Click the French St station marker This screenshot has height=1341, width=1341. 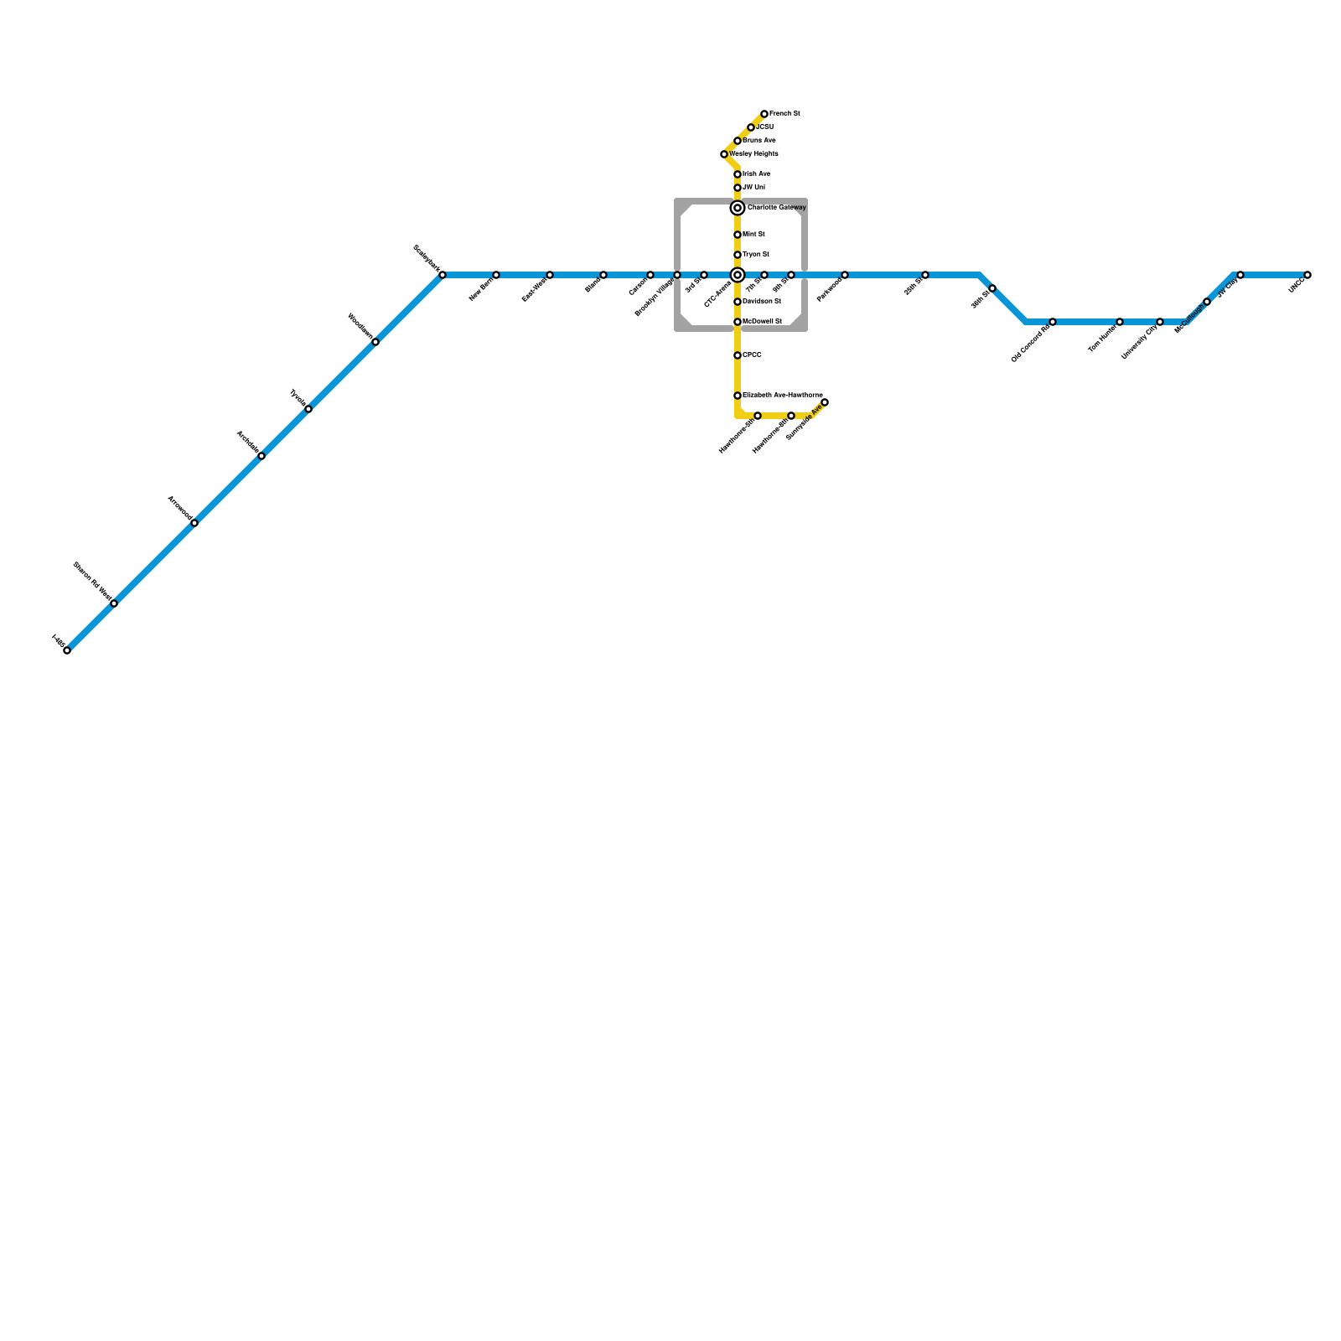click(x=764, y=114)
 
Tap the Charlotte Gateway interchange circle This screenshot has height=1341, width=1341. click(x=738, y=208)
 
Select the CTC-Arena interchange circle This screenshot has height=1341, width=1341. click(x=738, y=275)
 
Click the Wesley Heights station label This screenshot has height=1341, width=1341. click(x=754, y=154)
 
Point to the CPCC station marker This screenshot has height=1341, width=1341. click(x=738, y=355)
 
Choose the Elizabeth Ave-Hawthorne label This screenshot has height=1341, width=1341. click(x=783, y=395)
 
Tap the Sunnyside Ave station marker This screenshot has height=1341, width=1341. click(x=825, y=402)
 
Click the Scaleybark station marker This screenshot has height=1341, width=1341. click(x=443, y=275)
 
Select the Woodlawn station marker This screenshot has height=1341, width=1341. click(x=375, y=342)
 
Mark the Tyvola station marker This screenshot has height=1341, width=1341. click(x=308, y=409)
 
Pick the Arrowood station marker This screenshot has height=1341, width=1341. click(x=194, y=523)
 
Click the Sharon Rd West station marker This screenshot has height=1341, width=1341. click(x=114, y=603)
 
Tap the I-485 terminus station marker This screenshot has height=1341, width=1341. click(x=67, y=650)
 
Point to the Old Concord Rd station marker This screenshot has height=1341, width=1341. click(x=1053, y=322)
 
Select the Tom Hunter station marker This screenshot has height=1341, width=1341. click(x=1120, y=322)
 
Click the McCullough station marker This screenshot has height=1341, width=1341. click(x=1207, y=302)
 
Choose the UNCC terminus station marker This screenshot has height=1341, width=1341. click(x=1307, y=275)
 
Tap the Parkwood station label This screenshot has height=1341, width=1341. click(x=829, y=290)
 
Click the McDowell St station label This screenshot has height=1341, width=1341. click(x=763, y=321)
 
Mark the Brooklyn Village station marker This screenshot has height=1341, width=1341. click(x=677, y=275)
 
